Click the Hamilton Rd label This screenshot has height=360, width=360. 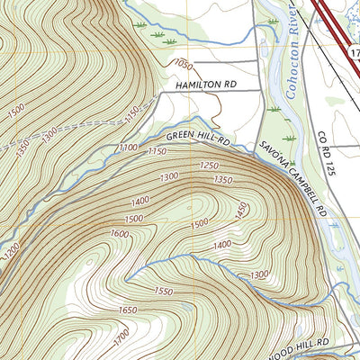205,85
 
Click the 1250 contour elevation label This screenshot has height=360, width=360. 209,166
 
